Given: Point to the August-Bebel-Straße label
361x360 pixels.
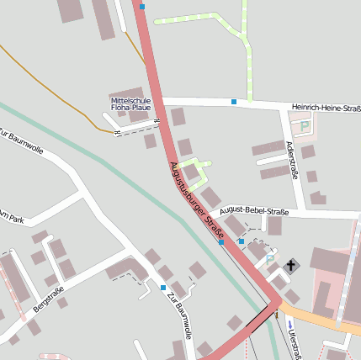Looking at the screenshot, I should point(253,213).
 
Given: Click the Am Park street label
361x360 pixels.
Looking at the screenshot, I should point(10,218).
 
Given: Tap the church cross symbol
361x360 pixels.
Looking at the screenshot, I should point(292,266).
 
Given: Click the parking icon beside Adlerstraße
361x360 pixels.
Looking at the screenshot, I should point(305,126).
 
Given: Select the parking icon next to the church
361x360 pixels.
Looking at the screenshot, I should point(269,260).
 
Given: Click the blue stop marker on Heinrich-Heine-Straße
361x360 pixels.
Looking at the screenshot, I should point(234,103).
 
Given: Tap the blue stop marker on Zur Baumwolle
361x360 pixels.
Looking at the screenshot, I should point(163,288).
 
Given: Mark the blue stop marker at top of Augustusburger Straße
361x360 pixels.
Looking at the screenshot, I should point(141,7).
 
